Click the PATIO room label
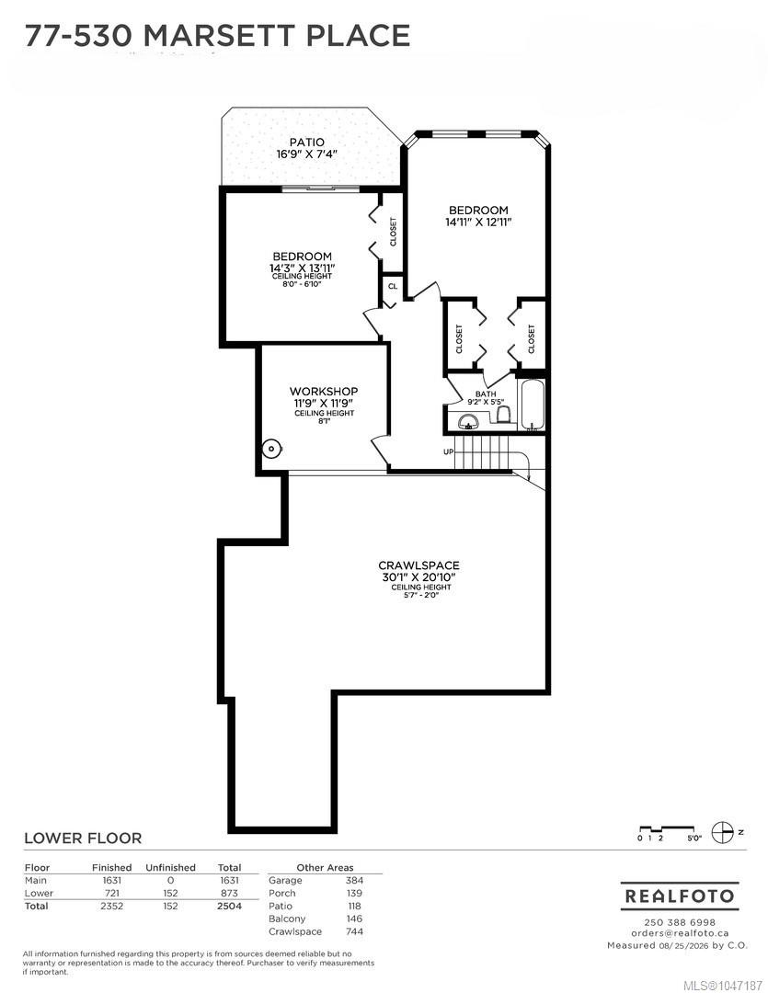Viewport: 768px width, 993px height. coord(306,143)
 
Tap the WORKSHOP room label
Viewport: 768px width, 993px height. coord(323,392)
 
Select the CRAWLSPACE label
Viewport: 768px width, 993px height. coord(418,565)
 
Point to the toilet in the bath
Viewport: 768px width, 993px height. coord(504,415)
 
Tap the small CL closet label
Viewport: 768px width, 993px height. coord(393,286)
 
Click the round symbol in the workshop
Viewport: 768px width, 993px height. coord(271,449)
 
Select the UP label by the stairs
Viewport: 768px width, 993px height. coord(449,452)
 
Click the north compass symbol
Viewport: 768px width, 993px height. coord(722,832)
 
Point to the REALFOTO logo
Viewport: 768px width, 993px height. coord(680,896)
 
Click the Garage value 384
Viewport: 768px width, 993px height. coord(354,880)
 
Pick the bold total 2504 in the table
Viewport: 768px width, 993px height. coord(229,907)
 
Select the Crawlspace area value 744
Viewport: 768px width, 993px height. coord(354,931)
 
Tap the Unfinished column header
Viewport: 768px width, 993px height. coord(170,868)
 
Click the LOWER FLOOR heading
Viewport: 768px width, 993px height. coord(83,838)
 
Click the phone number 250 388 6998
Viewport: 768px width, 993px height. coord(680,923)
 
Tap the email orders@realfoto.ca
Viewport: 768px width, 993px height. coord(680,933)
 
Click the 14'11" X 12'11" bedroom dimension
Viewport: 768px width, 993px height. coord(478,223)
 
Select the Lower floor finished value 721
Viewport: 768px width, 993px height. coord(111,894)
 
